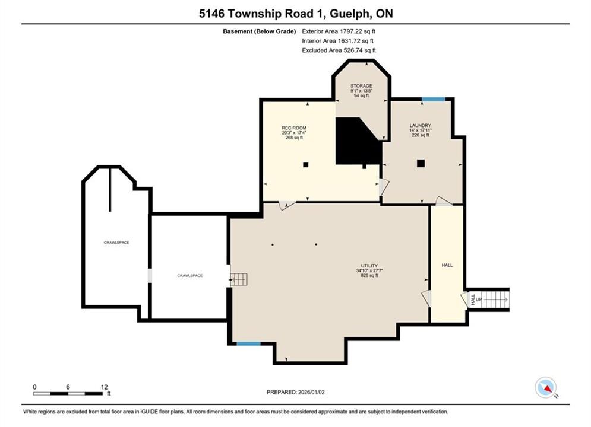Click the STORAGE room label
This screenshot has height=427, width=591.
(x=361, y=86)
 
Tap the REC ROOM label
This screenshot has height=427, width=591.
(x=294, y=128)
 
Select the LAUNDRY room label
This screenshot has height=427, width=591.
(x=421, y=125)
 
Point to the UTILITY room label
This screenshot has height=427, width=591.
(x=369, y=266)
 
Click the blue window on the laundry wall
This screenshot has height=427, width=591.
(x=434, y=99)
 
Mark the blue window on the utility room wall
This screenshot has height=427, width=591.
(x=248, y=343)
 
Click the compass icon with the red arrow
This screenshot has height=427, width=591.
(x=545, y=387)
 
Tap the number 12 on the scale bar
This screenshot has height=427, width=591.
(x=105, y=387)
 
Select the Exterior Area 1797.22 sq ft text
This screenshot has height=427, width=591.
(x=339, y=31)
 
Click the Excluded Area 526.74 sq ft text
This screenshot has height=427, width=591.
(x=339, y=50)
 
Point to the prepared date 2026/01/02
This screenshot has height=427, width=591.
(x=311, y=392)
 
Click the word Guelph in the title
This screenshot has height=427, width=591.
(x=349, y=14)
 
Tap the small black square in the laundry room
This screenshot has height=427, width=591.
(x=421, y=163)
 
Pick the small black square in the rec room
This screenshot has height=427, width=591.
(x=306, y=165)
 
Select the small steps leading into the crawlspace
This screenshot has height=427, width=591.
(x=239, y=279)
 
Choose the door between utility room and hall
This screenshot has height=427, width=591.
(x=426, y=298)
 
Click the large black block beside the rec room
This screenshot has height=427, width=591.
(x=358, y=141)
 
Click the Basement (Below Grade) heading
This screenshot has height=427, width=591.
(x=260, y=31)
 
